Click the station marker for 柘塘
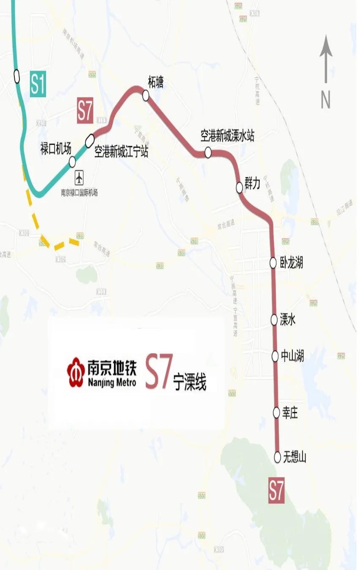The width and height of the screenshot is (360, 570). (x=146, y=96)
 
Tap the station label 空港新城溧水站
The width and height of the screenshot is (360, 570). (x=227, y=136)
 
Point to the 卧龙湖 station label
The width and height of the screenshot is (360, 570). (x=292, y=263)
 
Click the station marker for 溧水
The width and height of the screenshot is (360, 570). (x=274, y=320)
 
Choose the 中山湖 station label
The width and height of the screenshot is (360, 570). (x=293, y=356)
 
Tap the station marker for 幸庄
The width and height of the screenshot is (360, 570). (x=276, y=411)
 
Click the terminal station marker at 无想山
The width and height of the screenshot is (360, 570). (x=278, y=456)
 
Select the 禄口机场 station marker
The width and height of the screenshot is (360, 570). (x=72, y=161)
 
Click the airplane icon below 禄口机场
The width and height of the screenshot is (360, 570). (x=79, y=178)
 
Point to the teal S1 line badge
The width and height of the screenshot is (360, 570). (x=38, y=84)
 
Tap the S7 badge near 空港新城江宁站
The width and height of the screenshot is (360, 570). (x=85, y=111)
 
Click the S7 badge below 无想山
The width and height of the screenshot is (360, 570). (x=276, y=490)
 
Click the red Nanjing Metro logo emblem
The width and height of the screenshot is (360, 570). (x=76, y=372)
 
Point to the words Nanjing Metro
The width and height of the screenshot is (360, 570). (x=112, y=383)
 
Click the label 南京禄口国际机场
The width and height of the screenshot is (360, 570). (x=79, y=193)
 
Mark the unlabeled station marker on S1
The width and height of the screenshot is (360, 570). (x=17, y=76)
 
